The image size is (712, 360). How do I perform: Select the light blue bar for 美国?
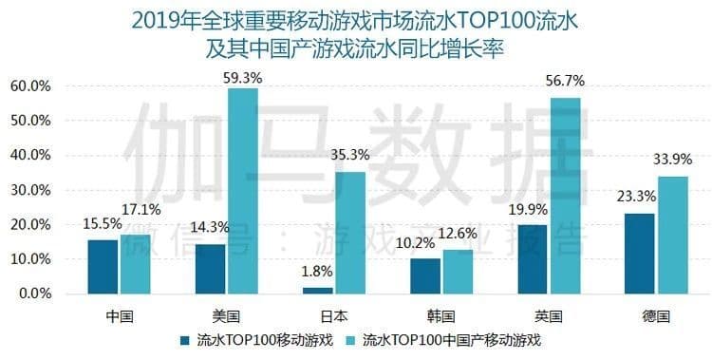[x=242, y=190]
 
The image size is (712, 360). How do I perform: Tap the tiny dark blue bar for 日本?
[x=319, y=290]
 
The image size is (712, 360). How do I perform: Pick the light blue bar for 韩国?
[x=458, y=271]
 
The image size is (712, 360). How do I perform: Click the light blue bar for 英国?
[x=565, y=195]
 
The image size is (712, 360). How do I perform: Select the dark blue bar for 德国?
[x=640, y=253]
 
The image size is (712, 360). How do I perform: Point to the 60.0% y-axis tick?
[x=29, y=86]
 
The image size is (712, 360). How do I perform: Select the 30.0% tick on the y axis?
[x=29, y=190]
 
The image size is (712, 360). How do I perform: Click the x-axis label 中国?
[x=120, y=313]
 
